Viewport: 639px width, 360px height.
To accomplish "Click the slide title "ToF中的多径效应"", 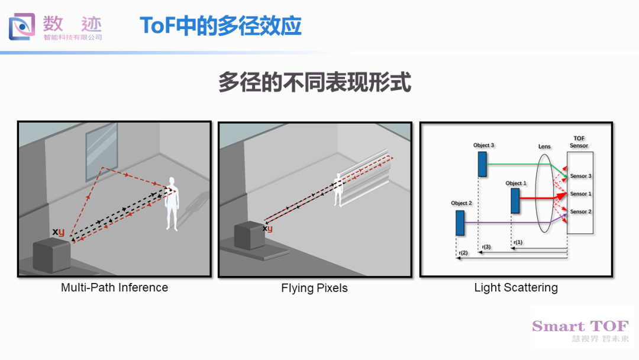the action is pyautogui.click(x=221, y=25).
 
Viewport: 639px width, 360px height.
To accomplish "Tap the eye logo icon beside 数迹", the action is pyautogui.click(x=22, y=27).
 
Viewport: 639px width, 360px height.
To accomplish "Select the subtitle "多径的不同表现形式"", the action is pyautogui.click(x=315, y=82).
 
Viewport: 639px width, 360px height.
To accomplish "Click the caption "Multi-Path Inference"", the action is pyautogui.click(x=115, y=287).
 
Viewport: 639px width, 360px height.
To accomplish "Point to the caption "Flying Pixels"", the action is pyautogui.click(x=314, y=288).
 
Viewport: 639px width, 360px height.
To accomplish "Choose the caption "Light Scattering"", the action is pyautogui.click(x=516, y=288).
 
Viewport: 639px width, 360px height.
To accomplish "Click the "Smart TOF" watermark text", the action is pyautogui.click(x=580, y=326).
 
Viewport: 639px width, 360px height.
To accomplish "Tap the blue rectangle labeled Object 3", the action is pyautogui.click(x=482, y=164).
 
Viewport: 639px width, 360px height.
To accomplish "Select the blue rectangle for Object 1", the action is pyautogui.click(x=515, y=201).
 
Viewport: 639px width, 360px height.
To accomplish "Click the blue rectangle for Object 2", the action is pyautogui.click(x=460, y=223).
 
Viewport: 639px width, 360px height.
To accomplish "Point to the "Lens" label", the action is pyautogui.click(x=544, y=146).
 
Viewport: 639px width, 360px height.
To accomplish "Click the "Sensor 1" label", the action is pyautogui.click(x=581, y=194).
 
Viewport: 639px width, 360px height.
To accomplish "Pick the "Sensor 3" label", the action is pyautogui.click(x=581, y=176).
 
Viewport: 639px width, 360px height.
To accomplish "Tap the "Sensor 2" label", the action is pyautogui.click(x=581, y=211).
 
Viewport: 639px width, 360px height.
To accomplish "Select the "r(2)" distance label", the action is pyautogui.click(x=463, y=253).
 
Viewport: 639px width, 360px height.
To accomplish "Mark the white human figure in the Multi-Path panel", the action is pyautogui.click(x=172, y=204).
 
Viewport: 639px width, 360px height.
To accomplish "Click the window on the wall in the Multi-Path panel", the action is pyautogui.click(x=102, y=151).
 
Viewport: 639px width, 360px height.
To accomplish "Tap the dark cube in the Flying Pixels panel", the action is pyautogui.click(x=250, y=235).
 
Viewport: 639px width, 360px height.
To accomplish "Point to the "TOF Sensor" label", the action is pyautogui.click(x=579, y=142).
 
